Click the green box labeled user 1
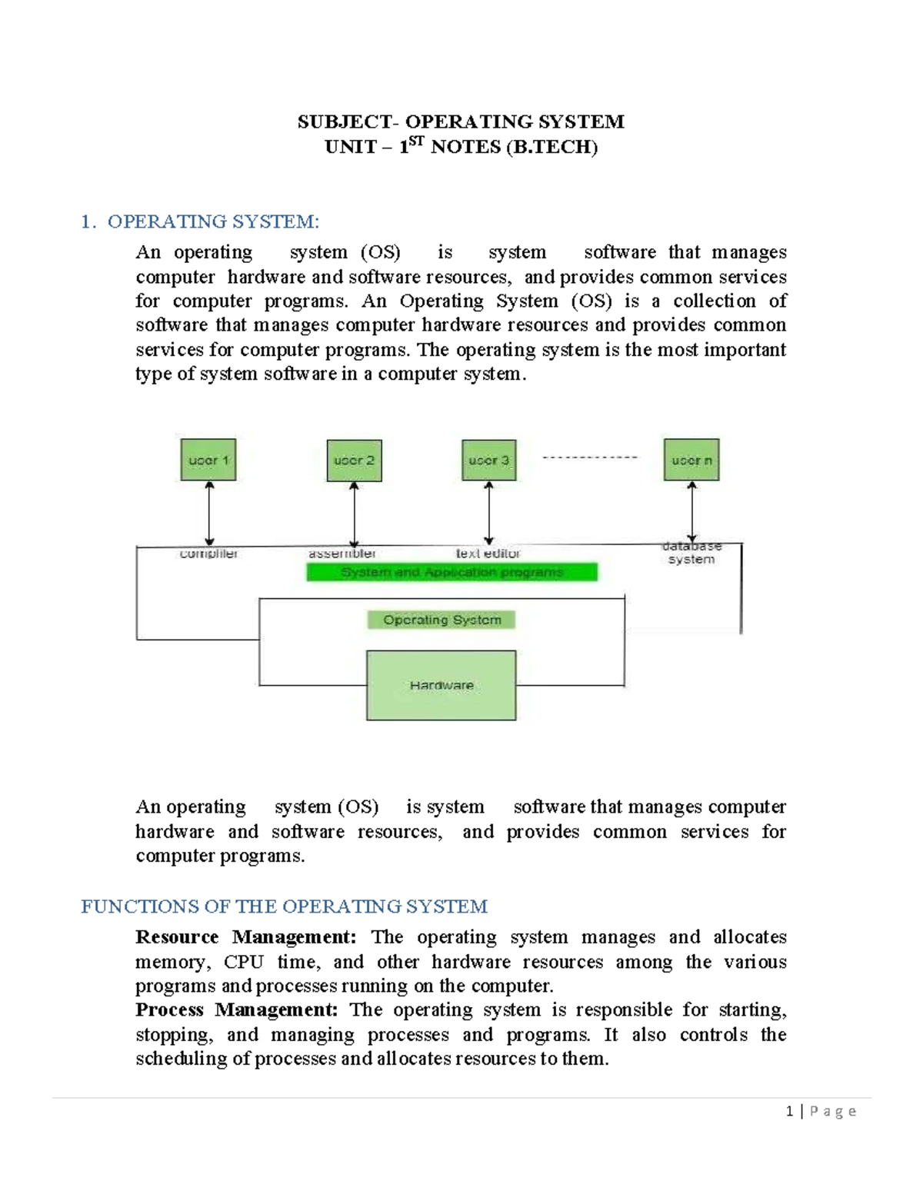[x=208, y=460]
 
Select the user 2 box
[x=354, y=461]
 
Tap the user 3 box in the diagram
[x=488, y=461]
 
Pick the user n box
[x=691, y=460]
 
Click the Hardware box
[x=441, y=685]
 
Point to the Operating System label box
[x=442, y=620]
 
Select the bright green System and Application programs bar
[x=452, y=572]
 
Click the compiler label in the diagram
[x=208, y=554]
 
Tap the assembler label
[x=342, y=554]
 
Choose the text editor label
[x=488, y=554]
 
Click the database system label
[x=691, y=553]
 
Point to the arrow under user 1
[x=209, y=513]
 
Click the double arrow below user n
[x=691, y=511]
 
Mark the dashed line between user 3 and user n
[x=590, y=457]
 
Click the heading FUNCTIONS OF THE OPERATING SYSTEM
[x=284, y=906]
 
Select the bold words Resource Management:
[x=245, y=937]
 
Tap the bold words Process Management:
[x=236, y=1009]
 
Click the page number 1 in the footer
[x=789, y=1111]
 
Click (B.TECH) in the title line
[x=551, y=147]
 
